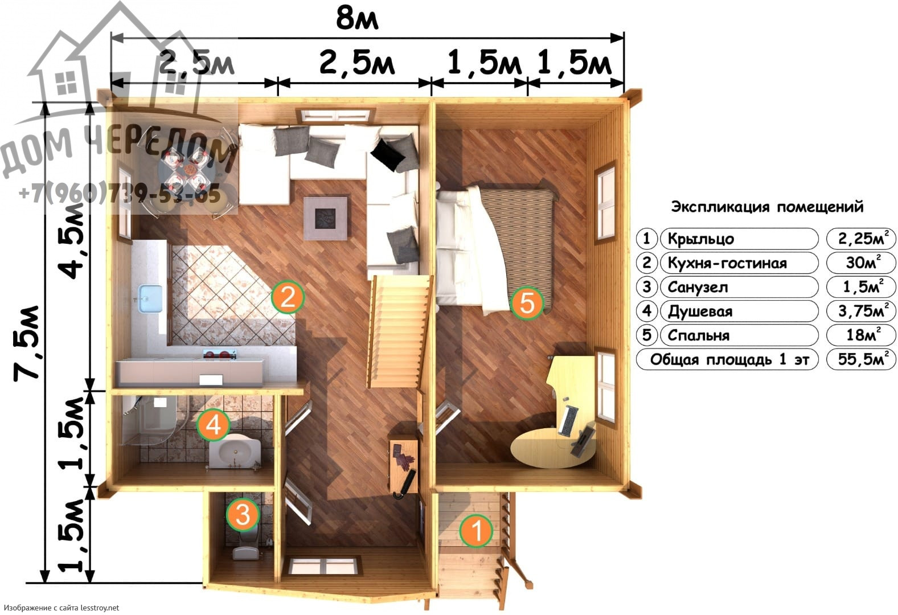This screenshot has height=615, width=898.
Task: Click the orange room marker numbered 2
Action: tap(288, 297)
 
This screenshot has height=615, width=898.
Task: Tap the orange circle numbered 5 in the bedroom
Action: tap(527, 303)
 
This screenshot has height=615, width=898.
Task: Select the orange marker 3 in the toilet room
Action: tap(243, 514)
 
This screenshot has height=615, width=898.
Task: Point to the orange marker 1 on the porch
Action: tap(476, 531)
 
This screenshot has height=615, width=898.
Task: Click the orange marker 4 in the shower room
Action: tap(214, 425)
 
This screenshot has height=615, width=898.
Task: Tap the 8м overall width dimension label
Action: tap(357, 19)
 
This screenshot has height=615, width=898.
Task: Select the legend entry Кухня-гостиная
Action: tap(727, 264)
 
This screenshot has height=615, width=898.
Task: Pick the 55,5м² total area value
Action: tap(861, 359)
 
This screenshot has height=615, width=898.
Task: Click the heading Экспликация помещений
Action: tap(767, 207)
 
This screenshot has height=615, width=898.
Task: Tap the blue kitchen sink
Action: tap(150, 298)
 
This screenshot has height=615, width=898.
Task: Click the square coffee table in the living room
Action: tap(325, 218)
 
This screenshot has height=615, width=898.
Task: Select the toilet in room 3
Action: tap(246, 547)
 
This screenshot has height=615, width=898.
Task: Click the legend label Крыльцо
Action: tap(701, 239)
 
